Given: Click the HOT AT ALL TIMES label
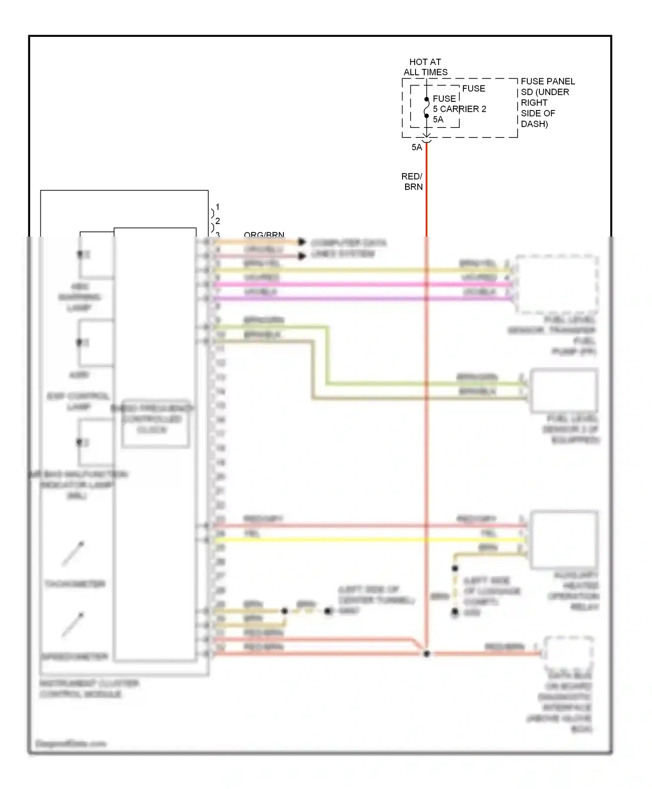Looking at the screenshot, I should [x=425, y=67].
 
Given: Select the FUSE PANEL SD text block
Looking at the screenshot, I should [x=547, y=102].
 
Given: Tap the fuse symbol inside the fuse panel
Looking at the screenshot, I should [x=426, y=107].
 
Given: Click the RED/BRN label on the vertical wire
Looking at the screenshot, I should [x=412, y=181].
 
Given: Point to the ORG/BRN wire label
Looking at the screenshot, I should [x=264, y=235].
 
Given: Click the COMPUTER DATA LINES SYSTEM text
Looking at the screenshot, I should [x=348, y=248].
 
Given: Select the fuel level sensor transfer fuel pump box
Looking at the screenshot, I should [x=557, y=284].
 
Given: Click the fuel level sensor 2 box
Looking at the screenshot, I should [x=563, y=390].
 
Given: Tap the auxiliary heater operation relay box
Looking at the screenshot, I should [x=564, y=539].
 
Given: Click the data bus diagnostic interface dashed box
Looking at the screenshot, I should [x=568, y=653].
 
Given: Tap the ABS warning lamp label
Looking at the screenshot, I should [x=80, y=297].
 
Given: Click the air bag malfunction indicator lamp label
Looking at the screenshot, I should [x=78, y=485].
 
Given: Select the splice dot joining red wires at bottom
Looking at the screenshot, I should [x=426, y=654].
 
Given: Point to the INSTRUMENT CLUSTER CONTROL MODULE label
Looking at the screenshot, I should [x=89, y=689].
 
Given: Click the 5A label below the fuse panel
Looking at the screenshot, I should [x=416, y=147].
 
